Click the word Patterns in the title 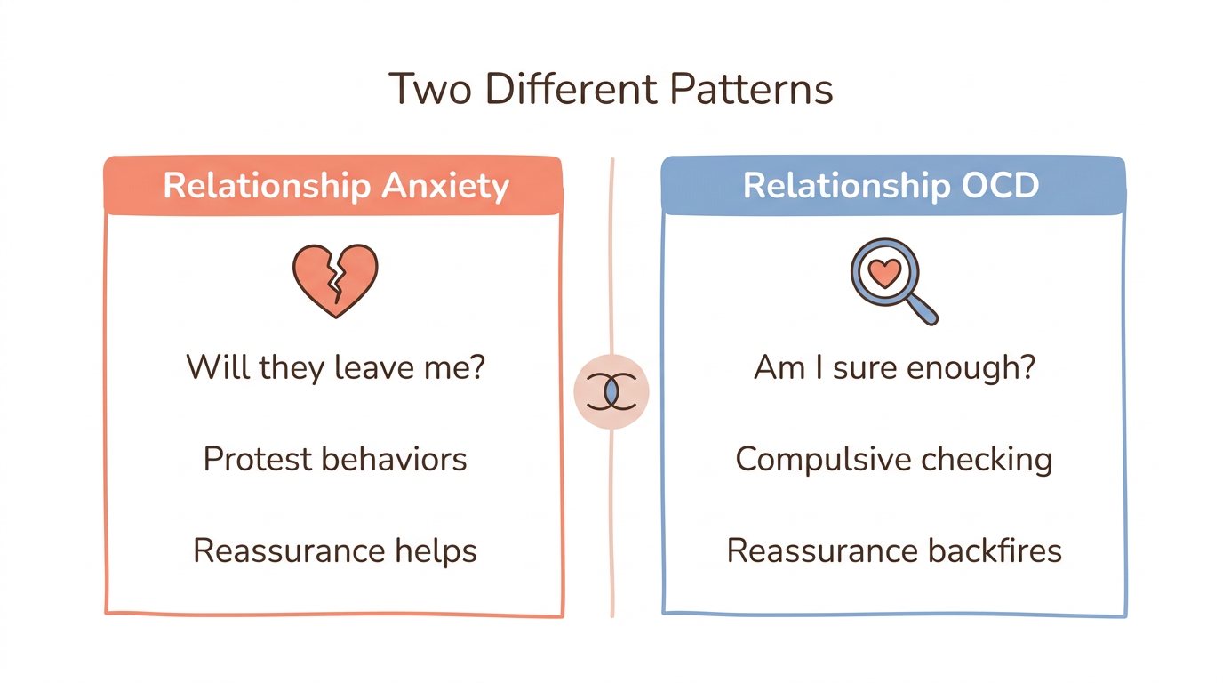[x=751, y=89]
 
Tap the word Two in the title [x=430, y=89]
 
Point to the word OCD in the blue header [x=998, y=186]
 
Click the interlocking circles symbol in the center [x=611, y=391]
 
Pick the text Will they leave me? [x=335, y=367]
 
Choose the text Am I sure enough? [x=894, y=367]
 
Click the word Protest [x=257, y=459]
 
